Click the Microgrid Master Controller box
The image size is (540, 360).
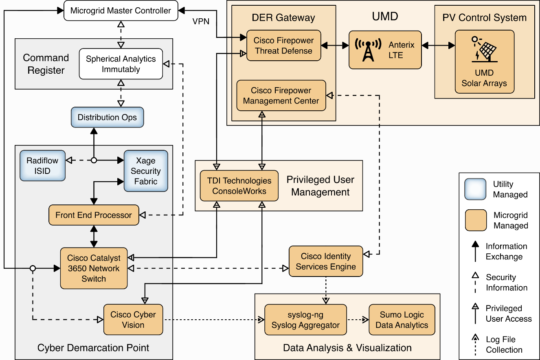click(x=121, y=11)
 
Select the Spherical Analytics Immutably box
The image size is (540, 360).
click(x=121, y=64)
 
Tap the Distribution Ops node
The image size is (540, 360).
click(x=107, y=117)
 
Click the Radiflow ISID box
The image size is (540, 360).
click(x=42, y=166)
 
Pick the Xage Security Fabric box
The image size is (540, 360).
click(x=145, y=171)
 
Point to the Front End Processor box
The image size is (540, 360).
click(x=94, y=215)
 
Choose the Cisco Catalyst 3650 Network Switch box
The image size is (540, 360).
click(x=94, y=268)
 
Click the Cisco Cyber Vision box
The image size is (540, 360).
click(x=133, y=320)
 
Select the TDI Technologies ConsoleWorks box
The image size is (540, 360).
click(x=239, y=186)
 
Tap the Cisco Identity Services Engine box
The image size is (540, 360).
click(x=326, y=261)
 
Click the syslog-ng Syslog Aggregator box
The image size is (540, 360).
click(x=305, y=320)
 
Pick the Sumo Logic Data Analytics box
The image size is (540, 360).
click(x=402, y=320)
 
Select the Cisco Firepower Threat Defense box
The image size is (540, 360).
click(x=283, y=46)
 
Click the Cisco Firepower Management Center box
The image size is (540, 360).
click(x=281, y=96)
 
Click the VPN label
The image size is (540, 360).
click(x=201, y=21)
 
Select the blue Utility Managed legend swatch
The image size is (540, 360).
click(x=475, y=189)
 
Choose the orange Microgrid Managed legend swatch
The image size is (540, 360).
click(x=475, y=220)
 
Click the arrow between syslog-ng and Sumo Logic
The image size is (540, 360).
click(x=358, y=320)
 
